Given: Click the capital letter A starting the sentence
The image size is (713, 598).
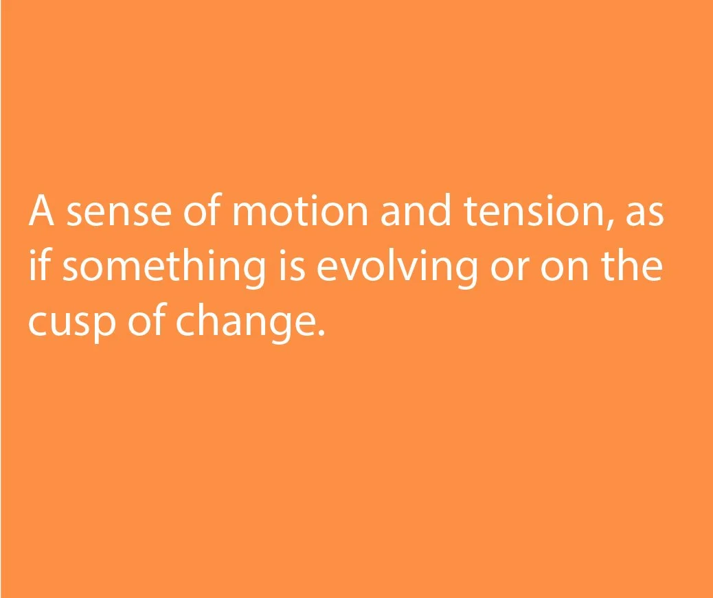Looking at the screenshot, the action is pos(42,210).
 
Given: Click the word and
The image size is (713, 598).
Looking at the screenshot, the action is pos(416,209).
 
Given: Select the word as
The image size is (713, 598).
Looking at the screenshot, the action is pos(645,214).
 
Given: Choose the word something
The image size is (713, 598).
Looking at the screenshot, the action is pos(163,268).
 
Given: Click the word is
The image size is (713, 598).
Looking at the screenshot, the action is pos(291,265).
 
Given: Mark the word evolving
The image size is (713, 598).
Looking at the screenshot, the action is pos(396,268).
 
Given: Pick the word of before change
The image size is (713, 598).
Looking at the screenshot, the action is pos(146,319).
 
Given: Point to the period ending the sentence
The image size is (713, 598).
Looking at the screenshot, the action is pos(321,332).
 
